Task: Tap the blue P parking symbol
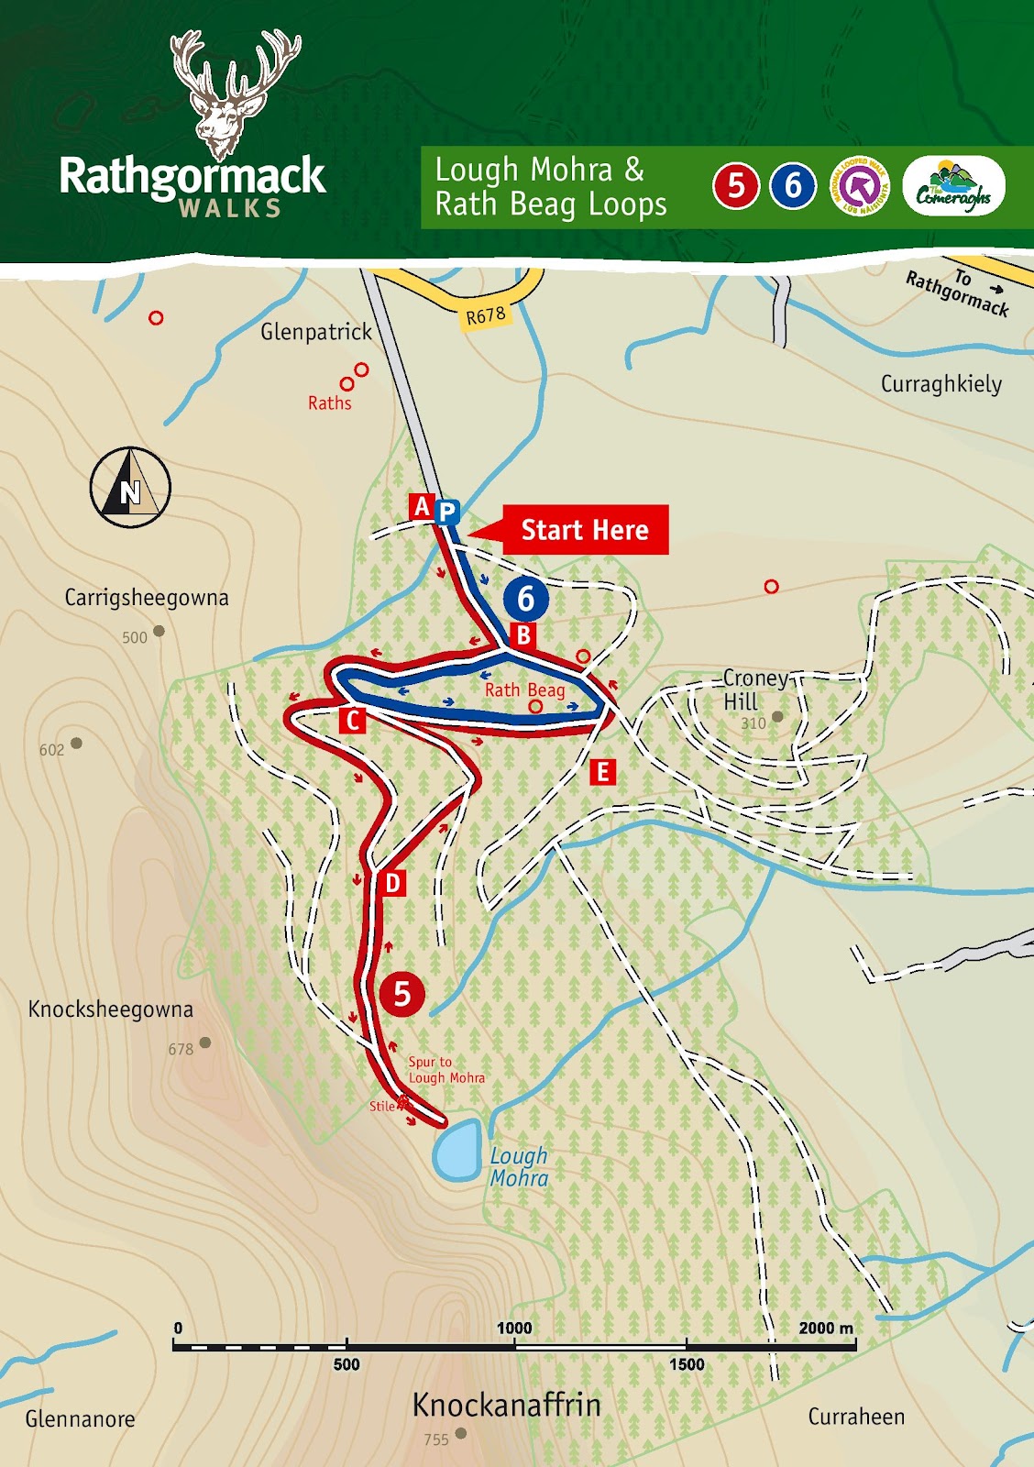[x=446, y=512]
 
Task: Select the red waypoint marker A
[x=422, y=506]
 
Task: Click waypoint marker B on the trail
[x=523, y=634]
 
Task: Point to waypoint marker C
[x=353, y=721]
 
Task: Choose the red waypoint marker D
[x=392, y=883]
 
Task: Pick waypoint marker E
[x=602, y=772]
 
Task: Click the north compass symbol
[x=130, y=488]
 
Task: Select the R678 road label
[x=486, y=316]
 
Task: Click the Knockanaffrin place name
[x=506, y=1405]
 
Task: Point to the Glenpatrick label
[x=316, y=332]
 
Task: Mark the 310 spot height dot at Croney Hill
[x=777, y=717]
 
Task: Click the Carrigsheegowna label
[x=147, y=598]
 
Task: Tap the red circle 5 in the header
[x=735, y=186]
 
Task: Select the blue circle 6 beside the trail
[x=525, y=599]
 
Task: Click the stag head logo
[x=235, y=92]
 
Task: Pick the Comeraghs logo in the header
[x=953, y=187]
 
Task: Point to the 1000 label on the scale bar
[x=514, y=1328]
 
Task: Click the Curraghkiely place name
[x=941, y=384]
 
